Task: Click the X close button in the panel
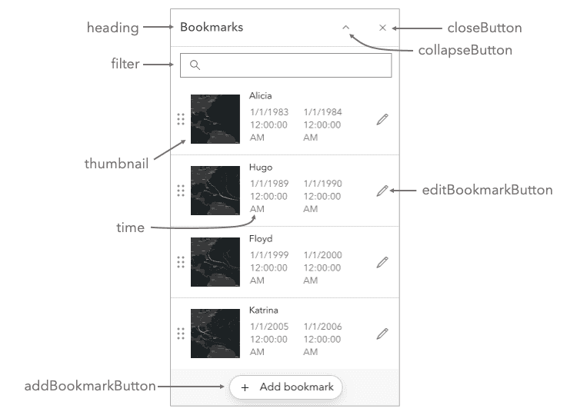tap(382, 28)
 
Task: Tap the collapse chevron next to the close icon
tap(346, 27)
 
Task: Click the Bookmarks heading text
tap(211, 27)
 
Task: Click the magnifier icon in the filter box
tap(195, 65)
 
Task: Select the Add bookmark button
tap(285, 387)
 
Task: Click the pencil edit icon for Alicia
tap(382, 119)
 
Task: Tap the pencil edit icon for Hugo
tap(382, 191)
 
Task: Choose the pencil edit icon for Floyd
tap(382, 262)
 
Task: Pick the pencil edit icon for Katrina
tap(382, 334)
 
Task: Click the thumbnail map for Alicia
tap(215, 119)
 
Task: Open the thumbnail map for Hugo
tap(215, 191)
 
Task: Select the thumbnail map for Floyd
tap(215, 262)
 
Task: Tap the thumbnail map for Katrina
tap(215, 334)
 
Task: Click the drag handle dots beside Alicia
tap(180, 119)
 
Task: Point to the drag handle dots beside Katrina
tap(180, 334)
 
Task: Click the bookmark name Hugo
tap(261, 168)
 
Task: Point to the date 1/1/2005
tap(269, 327)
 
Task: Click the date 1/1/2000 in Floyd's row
tap(322, 255)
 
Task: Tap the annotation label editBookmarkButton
tap(486, 190)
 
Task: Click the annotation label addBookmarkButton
tap(90, 386)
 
